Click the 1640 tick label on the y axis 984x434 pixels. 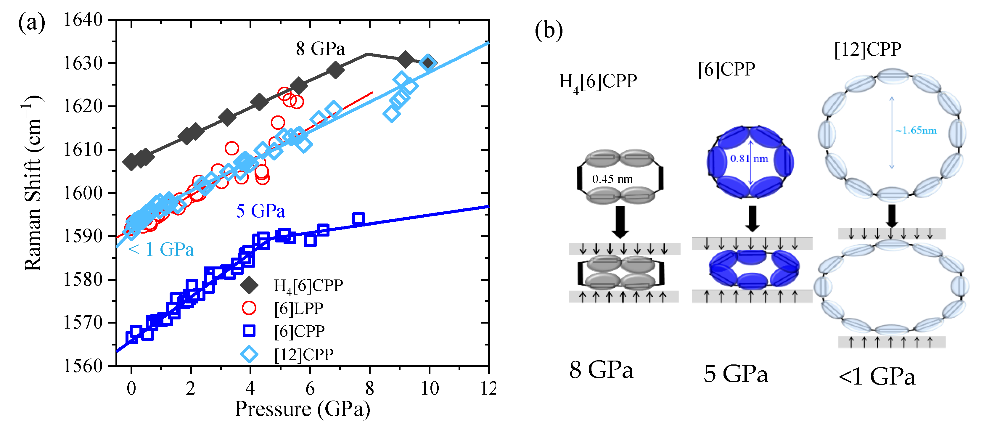[83, 20]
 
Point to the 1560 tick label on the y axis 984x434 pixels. [83, 366]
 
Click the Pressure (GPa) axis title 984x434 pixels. [302, 409]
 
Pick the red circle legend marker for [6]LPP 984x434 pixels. [249, 308]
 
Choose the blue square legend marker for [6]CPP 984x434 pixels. [249, 331]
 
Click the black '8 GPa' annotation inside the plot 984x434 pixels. [320, 49]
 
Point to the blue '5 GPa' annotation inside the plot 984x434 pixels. [261, 211]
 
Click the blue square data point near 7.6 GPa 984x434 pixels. [358, 219]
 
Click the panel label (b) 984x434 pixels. [549, 30]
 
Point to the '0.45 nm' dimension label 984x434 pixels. [612, 179]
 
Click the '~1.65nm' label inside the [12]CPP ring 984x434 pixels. [916, 130]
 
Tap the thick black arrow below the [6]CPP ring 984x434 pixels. [752, 218]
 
